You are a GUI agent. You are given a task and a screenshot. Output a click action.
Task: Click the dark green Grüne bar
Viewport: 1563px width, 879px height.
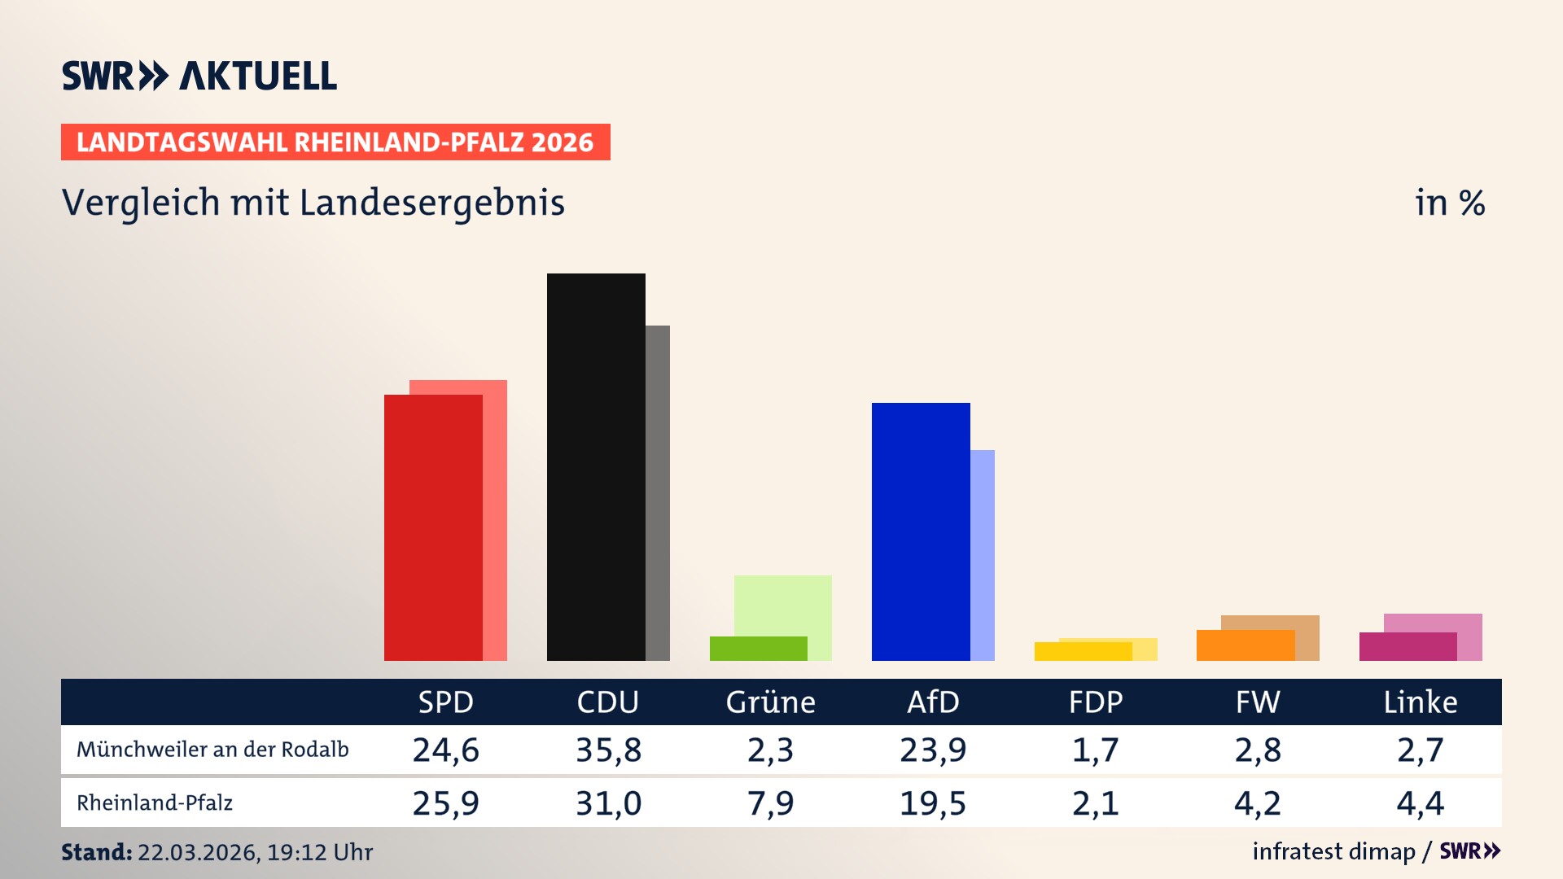(x=758, y=649)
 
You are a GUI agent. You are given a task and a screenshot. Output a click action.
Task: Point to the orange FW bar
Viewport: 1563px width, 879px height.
(x=1246, y=645)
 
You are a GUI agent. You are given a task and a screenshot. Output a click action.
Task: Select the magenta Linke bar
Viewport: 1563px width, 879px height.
(x=1408, y=647)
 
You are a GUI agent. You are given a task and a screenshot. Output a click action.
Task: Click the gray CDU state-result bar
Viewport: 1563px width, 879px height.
(x=658, y=492)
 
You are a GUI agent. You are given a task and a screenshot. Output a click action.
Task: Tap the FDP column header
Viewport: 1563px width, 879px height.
(x=1096, y=702)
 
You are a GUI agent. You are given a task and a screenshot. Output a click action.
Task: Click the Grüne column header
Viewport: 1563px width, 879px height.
(x=770, y=702)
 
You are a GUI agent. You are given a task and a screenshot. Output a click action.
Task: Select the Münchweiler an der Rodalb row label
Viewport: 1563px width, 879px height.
(x=212, y=750)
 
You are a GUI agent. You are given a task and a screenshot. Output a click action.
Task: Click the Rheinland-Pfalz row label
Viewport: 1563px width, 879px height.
(x=155, y=803)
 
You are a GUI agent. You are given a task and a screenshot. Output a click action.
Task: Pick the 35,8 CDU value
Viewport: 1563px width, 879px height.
(x=608, y=750)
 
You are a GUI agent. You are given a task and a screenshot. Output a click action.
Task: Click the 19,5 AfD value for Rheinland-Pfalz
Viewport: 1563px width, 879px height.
(x=932, y=803)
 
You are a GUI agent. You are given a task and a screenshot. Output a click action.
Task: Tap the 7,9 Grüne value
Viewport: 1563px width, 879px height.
(x=770, y=803)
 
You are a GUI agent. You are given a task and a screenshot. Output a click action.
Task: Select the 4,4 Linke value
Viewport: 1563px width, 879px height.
(x=1420, y=803)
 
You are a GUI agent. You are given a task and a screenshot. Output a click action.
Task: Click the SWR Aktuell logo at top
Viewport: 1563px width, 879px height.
(x=199, y=76)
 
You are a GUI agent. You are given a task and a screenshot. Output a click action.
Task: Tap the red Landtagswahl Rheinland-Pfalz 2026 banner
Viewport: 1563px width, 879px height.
(x=335, y=142)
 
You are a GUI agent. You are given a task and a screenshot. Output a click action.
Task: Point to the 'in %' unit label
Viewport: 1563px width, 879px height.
(x=1449, y=203)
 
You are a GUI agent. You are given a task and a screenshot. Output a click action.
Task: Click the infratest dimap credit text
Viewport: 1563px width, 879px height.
(x=1333, y=851)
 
